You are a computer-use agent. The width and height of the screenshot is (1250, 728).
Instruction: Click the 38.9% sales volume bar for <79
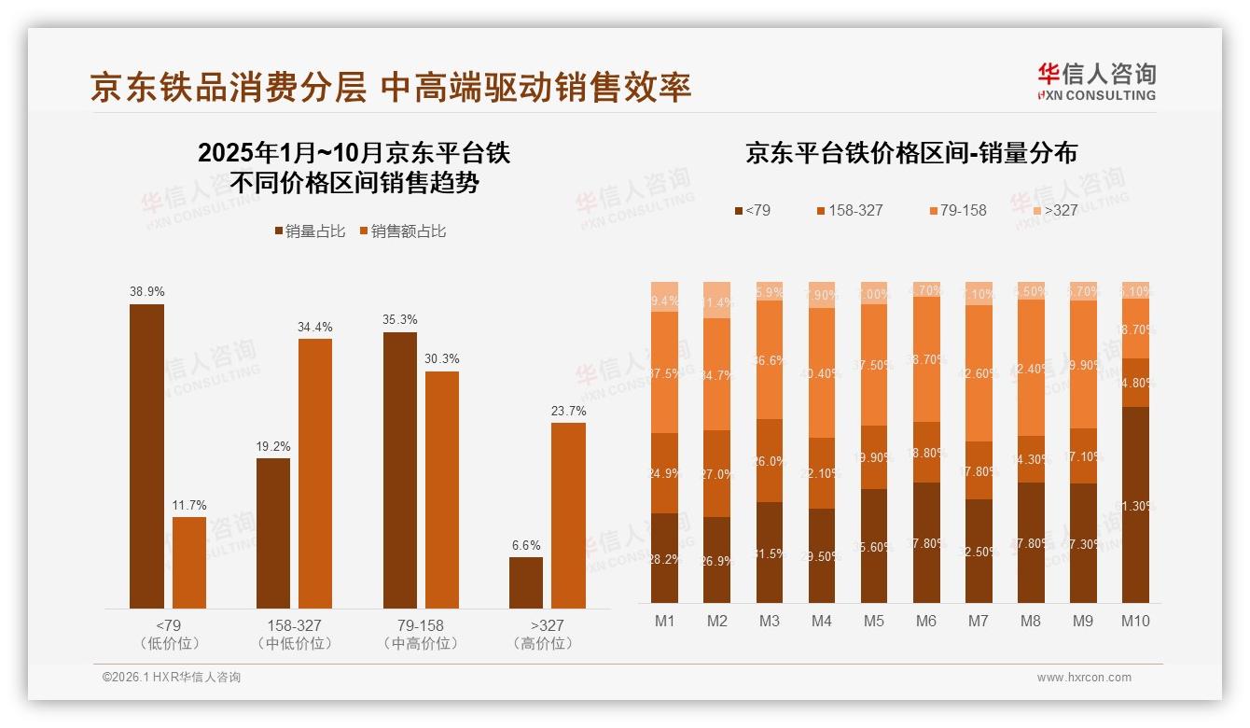point(146,456)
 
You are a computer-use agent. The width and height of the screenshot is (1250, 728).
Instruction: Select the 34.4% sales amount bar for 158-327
point(315,473)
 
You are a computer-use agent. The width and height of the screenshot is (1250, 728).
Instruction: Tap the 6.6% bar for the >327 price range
point(526,582)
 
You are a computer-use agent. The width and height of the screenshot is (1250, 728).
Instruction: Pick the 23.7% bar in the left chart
point(568,515)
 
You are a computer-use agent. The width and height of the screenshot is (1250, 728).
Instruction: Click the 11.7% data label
point(189,505)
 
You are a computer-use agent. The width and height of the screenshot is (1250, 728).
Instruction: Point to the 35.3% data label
point(400,319)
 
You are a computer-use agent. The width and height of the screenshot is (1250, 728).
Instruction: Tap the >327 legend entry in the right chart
point(1054,210)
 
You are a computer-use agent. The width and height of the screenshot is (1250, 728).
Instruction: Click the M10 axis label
point(1135,621)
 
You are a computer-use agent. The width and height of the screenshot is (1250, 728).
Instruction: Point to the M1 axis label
point(665,621)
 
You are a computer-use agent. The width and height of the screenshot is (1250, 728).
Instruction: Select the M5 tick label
point(874,621)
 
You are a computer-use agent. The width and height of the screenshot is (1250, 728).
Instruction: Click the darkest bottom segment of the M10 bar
point(1135,504)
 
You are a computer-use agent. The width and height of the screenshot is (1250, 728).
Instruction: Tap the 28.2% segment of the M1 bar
point(665,557)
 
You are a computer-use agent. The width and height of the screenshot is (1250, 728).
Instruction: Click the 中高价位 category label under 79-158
point(421,644)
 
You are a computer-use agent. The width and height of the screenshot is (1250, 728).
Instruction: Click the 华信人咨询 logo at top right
point(1097,81)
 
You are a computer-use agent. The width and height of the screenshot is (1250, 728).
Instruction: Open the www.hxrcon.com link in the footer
point(1084,678)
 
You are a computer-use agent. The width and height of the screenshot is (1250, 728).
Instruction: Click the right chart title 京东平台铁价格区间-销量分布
point(911,153)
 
